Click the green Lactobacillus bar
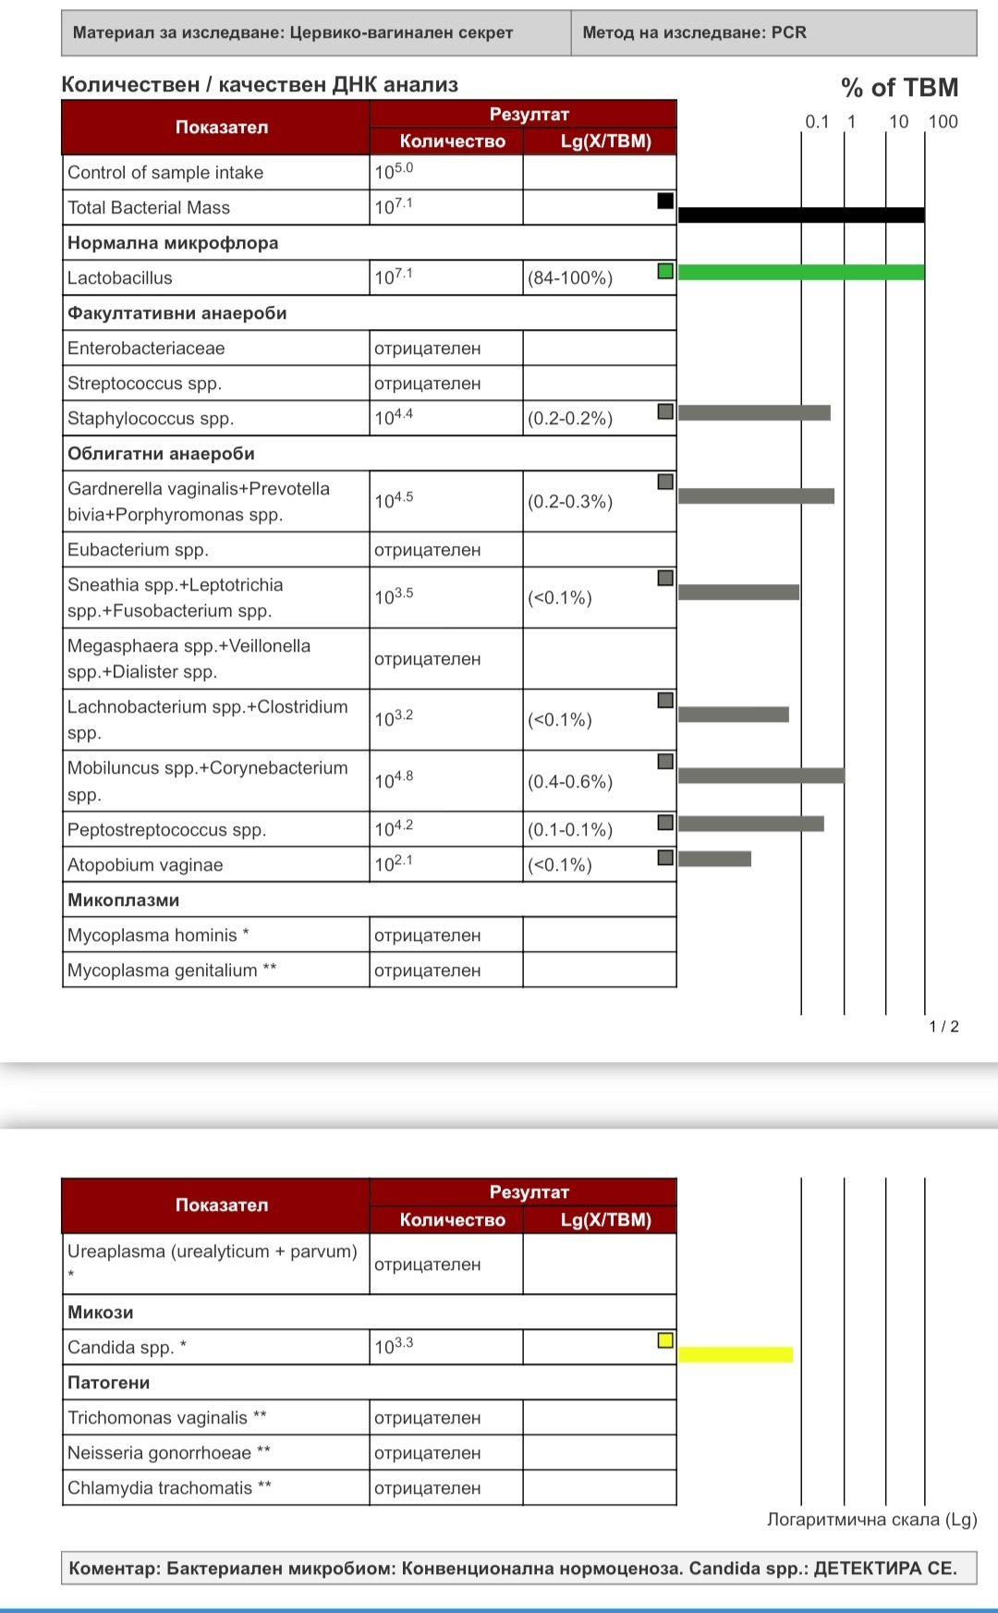click(801, 273)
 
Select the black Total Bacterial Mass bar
click(801, 215)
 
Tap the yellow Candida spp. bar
click(736, 1355)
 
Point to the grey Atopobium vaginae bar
click(714, 859)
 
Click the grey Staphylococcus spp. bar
click(754, 413)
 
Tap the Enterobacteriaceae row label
click(146, 348)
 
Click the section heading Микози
click(100, 1313)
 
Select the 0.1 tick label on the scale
click(817, 122)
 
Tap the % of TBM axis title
click(899, 88)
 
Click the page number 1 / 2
click(943, 1027)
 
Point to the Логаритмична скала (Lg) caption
click(871, 1520)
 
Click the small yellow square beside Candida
click(665, 1340)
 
